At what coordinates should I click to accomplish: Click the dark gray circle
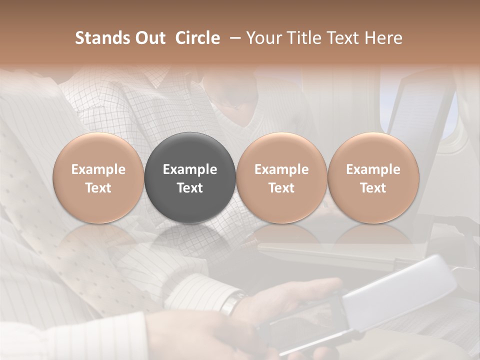pyautogui.click(x=190, y=177)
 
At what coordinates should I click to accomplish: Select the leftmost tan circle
pyautogui.click(x=98, y=177)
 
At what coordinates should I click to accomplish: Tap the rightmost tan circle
pyautogui.click(x=373, y=177)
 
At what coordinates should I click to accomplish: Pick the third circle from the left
pyautogui.click(x=281, y=177)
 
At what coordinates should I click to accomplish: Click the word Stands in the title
pyautogui.click(x=102, y=38)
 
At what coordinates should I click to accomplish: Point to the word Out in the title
pyautogui.click(x=150, y=38)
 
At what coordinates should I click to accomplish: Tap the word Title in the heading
pyautogui.click(x=307, y=38)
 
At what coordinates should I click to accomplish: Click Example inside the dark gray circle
pyautogui.click(x=190, y=169)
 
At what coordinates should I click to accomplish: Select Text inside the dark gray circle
pyautogui.click(x=190, y=188)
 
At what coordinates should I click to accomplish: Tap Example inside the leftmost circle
pyautogui.click(x=98, y=169)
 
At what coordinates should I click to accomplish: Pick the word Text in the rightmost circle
pyautogui.click(x=373, y=188)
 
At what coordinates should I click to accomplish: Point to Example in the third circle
pyautogui.click(x=281, y=169)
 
